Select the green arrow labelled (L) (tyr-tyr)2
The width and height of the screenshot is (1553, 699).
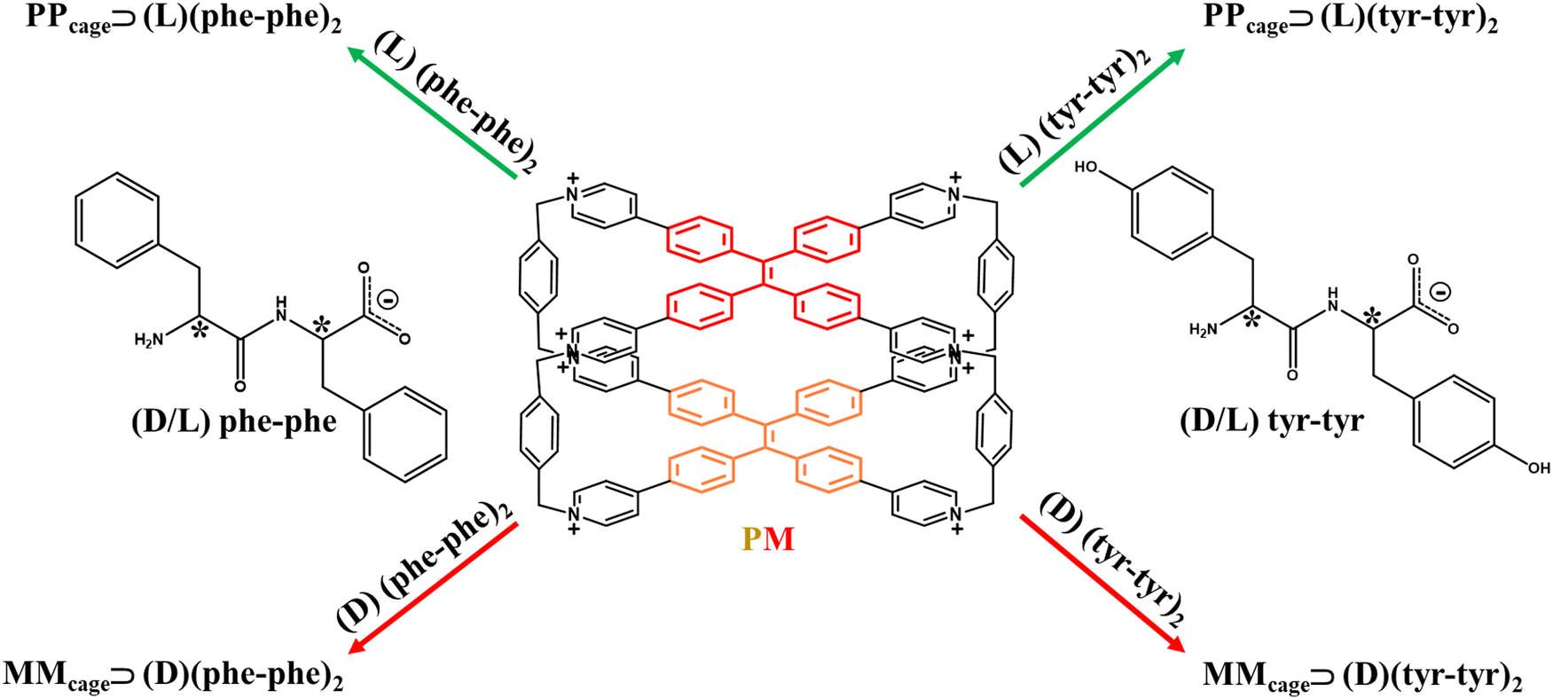1102,117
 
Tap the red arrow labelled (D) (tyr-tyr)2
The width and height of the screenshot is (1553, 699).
1102,583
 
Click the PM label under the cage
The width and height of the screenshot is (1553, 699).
768,538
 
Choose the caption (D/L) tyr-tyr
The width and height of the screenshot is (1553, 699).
1271,420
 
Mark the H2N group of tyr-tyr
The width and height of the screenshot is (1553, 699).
1203,330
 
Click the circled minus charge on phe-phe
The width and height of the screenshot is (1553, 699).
388,300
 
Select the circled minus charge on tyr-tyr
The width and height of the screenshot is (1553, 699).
1442,291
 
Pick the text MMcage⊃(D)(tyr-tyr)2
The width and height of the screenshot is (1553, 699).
1362,677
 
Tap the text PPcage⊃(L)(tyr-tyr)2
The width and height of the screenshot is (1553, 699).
1350,20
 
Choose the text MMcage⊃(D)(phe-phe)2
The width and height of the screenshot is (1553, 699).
174,677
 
